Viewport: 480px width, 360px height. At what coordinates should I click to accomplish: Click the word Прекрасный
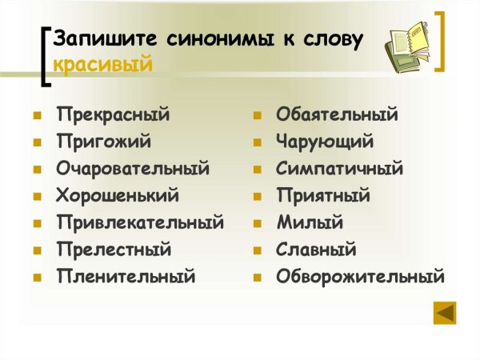tap(113, 114)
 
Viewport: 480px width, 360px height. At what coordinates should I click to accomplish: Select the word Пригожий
tap(103, 142)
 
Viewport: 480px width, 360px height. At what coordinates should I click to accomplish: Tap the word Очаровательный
tap(133, 169)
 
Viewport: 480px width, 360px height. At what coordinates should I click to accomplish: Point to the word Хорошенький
tap(118, 195)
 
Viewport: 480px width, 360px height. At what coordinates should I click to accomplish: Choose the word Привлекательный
tap(140, 222)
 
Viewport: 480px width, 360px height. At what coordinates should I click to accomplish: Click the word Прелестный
tap(114, 250)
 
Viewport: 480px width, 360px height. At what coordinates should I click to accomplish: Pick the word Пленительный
tap(126, 277)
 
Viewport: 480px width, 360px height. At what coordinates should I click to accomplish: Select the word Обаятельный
tap(337, 114)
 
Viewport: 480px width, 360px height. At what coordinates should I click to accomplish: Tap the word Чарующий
tap(325, 142)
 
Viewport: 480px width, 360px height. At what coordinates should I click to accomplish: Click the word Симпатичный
tap(339, 169)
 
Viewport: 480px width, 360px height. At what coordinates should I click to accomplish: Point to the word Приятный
tap(323, 195)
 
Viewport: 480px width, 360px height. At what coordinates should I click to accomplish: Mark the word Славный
tap(316, 250)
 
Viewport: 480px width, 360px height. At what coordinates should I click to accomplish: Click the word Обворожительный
tap(360, 277)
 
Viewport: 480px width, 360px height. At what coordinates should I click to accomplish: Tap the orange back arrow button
tap(445, 312)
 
